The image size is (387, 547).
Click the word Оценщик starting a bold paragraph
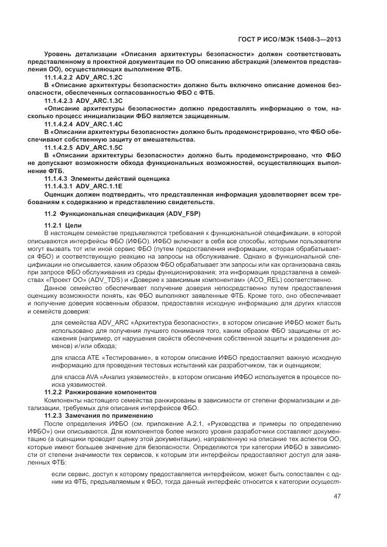point(61,194)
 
